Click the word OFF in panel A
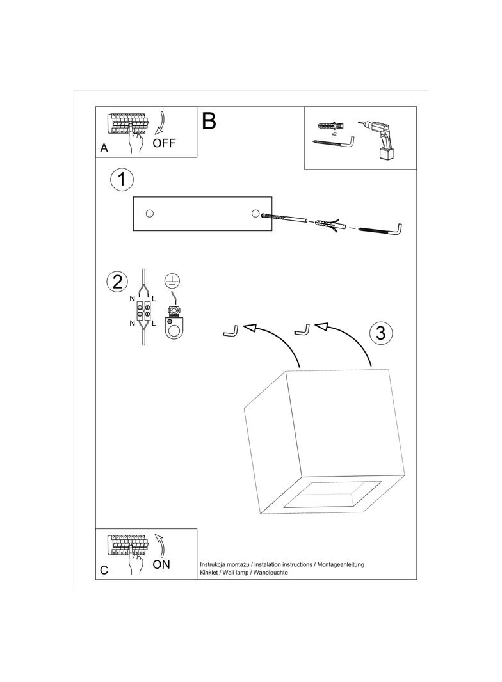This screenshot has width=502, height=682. point(164,142)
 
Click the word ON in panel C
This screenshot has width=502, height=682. point(162,564)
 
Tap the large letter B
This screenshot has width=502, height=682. point(209,121)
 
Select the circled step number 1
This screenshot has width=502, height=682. point(122,180)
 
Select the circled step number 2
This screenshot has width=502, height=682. point(117,282)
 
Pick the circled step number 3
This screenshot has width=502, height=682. point(380,333)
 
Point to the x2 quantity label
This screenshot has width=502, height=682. point(334,135)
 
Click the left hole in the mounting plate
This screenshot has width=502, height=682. point(150,214)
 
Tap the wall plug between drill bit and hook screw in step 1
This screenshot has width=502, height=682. point(329,225)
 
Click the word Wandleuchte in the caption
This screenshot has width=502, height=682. point(271,573)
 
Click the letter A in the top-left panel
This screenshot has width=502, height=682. point(104,148)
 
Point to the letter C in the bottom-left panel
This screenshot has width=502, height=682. point(104,570)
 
